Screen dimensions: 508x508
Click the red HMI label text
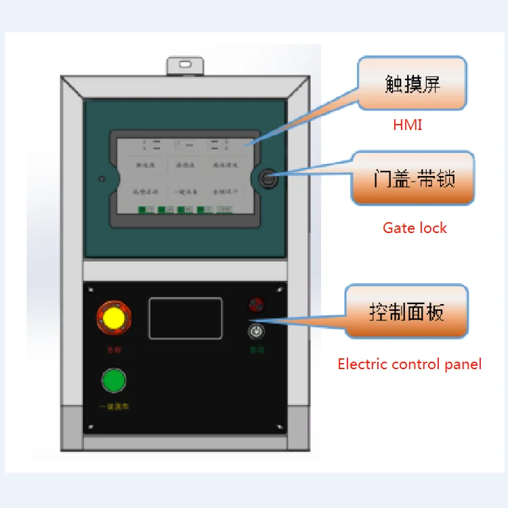point(407,125)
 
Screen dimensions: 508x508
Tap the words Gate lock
point(415,228)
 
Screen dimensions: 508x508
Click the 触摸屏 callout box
point(412,83)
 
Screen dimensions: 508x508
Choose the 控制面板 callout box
point(406,312)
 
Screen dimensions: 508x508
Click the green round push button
point(114,381)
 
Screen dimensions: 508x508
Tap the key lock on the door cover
point(268,179)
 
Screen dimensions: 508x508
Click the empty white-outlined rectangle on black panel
point(186,318)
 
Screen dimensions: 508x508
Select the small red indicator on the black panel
point(256,304)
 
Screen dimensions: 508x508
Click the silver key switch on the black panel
point(256,331)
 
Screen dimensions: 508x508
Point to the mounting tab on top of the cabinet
point(185,66)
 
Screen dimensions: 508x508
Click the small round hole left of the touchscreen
point(102,179)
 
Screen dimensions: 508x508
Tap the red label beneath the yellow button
point(114,350)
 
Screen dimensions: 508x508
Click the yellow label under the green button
point(114,406)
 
